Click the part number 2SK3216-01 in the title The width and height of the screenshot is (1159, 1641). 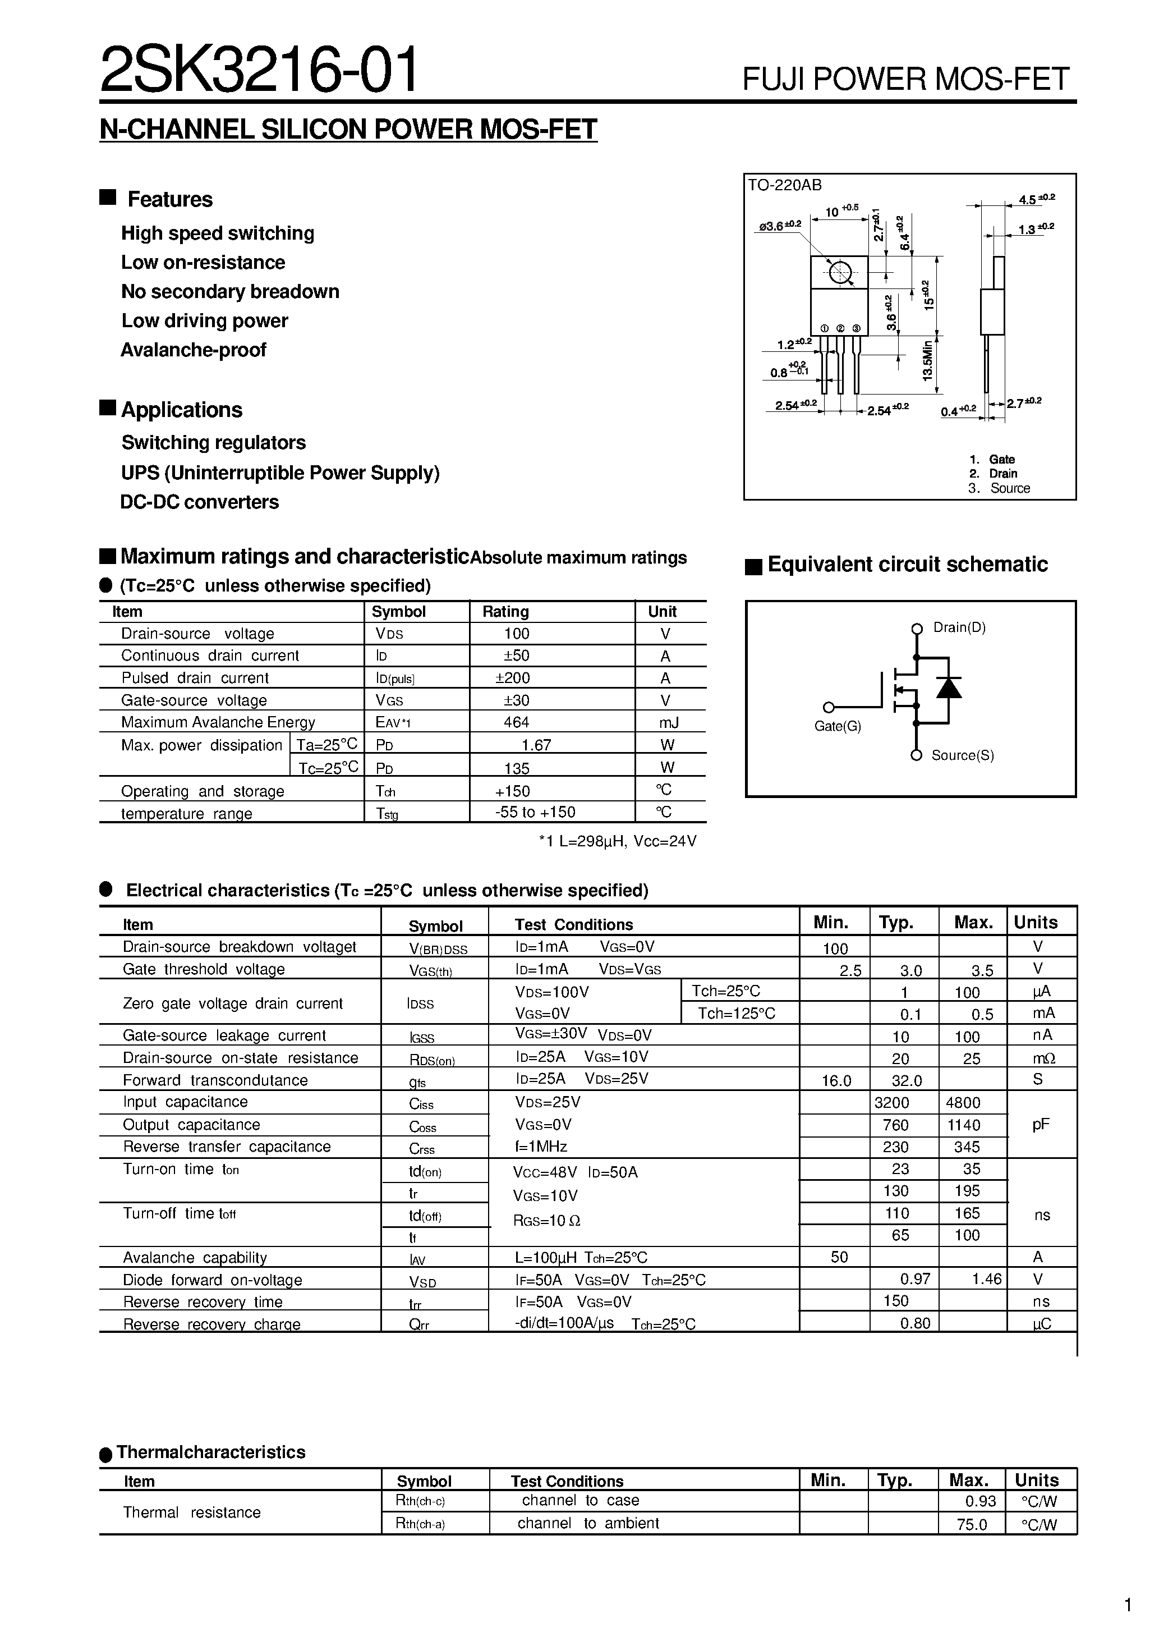259,70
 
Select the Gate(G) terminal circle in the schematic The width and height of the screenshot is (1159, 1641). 828,708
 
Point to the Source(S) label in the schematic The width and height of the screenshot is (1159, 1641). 963,755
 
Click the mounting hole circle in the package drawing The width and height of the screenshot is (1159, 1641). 841,272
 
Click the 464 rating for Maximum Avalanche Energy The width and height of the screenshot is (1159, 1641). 516,722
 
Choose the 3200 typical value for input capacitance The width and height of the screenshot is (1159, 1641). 892,1103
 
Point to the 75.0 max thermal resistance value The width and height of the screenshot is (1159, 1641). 972,1524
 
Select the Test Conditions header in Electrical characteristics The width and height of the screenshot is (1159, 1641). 574,925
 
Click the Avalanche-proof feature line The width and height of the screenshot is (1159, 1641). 193,350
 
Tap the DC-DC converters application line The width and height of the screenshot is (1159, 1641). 199,502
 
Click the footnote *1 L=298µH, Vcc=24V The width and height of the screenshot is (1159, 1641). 618,841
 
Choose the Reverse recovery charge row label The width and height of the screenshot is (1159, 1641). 211,1324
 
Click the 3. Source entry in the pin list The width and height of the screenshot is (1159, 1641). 999,488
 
